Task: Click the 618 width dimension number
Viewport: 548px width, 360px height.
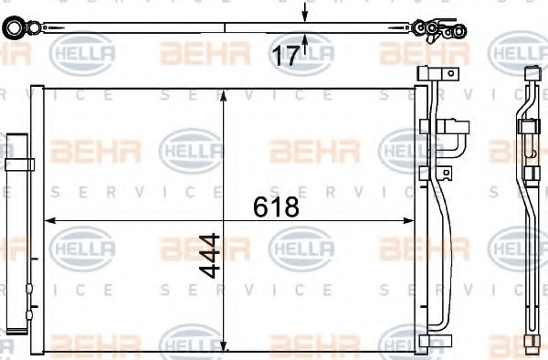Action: [275, 206]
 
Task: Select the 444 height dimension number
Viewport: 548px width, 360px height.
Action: [211, 255]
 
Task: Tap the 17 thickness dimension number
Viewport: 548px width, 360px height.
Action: [286, 57]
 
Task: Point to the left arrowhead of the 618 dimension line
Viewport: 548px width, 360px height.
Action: [51, 220]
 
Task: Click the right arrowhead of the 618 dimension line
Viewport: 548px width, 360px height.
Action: [409, 220]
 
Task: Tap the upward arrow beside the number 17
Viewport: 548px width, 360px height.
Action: [304, 39]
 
